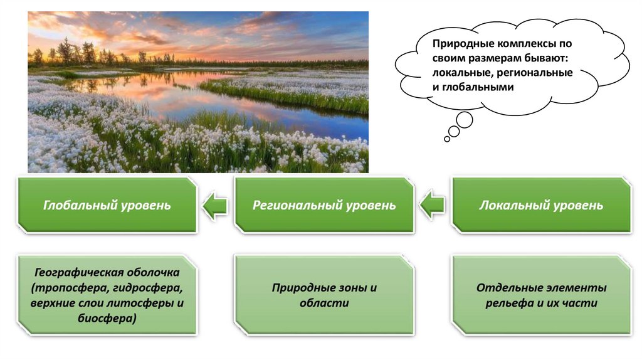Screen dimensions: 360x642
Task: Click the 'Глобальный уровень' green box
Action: pos(107,205)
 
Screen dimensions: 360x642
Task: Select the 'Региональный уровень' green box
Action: pos(324,205)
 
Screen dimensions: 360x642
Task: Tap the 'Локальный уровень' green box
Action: pos(541,205)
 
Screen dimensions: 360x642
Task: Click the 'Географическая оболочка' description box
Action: pos(107,295)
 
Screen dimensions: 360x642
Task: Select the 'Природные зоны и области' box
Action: pos(324,295)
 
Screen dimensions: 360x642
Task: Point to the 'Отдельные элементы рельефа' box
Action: pos(541,295)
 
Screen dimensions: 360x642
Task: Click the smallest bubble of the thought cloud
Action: pos(446,139)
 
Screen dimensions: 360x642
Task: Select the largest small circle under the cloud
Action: pos(464,120)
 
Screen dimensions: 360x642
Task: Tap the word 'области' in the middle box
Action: pos(324,304)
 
